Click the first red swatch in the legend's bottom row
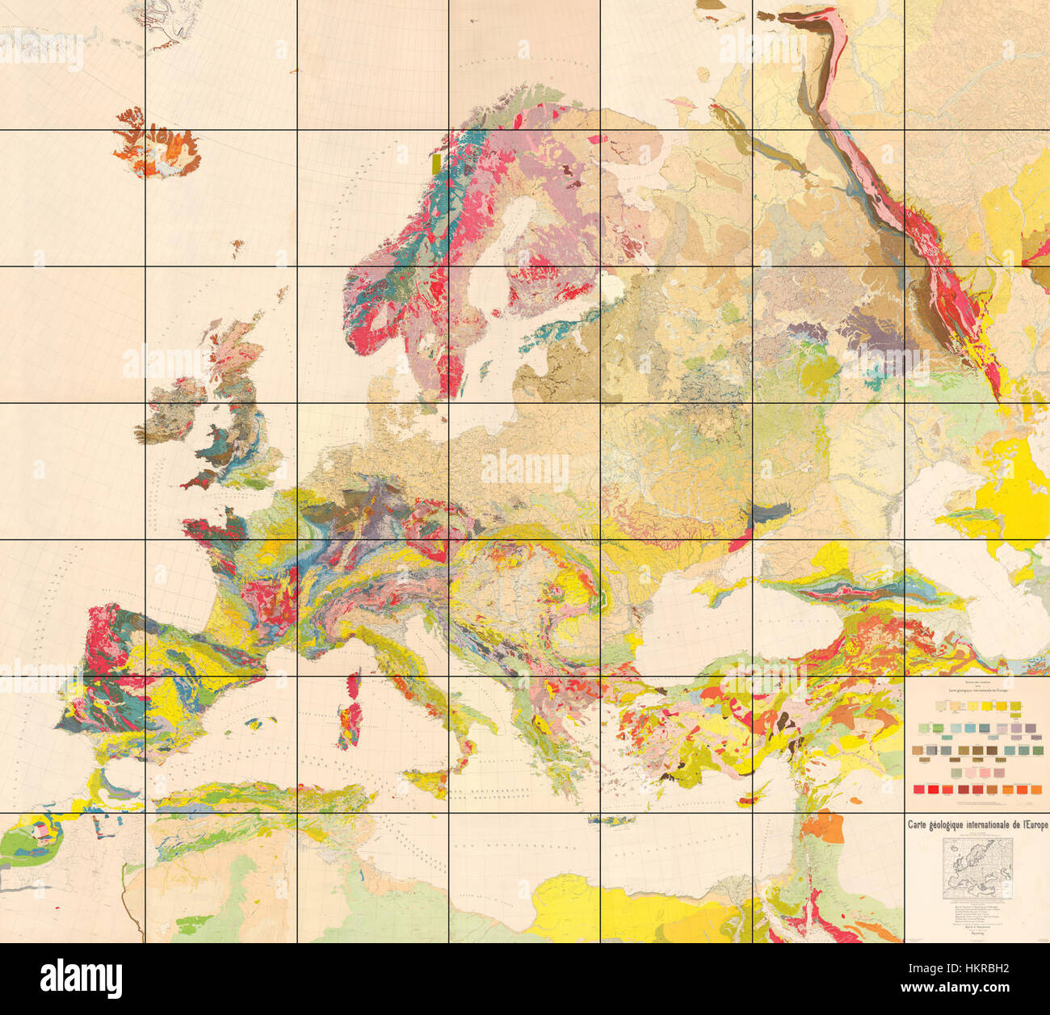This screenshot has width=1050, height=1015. click(x=918, y=789)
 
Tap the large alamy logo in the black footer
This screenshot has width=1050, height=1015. click(x=81, y=979)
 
